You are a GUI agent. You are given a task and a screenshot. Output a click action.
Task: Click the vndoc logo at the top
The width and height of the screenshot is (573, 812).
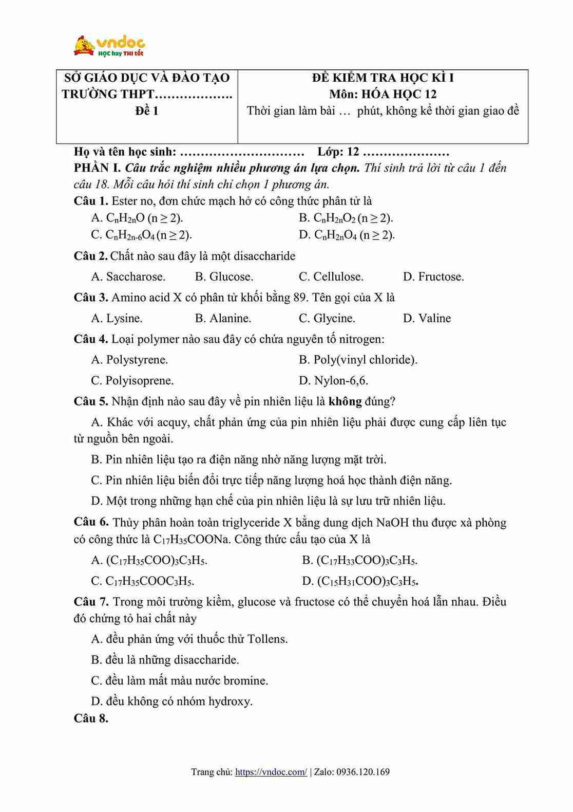coord(109,46)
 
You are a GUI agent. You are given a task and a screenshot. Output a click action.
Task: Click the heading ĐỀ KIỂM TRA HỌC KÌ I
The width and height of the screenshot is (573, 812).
coord(383,78)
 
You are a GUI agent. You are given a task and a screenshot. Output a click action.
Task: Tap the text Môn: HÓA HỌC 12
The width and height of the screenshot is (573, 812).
coord(383,95)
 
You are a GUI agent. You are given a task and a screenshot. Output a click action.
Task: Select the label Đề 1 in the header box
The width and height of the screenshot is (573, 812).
coord(147,111)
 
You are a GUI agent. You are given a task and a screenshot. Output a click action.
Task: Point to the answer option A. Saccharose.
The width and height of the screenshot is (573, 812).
coord(128,277)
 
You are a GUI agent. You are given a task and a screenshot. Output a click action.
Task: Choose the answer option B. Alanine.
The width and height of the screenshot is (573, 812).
coord(223,319)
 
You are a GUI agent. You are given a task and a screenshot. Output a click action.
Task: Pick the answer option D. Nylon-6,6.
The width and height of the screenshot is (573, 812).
coord(334,381)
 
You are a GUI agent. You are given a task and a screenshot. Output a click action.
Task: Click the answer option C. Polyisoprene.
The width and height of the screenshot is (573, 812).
coord(132,381)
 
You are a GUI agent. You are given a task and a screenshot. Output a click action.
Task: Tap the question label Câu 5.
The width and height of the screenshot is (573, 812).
coord(90,401)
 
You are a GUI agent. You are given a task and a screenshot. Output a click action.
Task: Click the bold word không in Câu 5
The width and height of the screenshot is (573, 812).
coord(345,401)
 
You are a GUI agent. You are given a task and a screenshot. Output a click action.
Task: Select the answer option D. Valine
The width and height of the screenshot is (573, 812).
coord(427,319)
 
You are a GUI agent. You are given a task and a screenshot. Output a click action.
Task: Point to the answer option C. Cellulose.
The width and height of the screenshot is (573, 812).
coord(331,277)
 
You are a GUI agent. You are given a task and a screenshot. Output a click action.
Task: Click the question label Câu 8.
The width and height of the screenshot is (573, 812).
coord(91,718)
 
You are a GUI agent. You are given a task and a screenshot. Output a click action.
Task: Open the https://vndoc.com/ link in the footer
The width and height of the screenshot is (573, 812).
coord(271,772)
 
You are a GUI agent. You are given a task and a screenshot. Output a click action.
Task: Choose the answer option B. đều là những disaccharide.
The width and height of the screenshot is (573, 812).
coord(165,660)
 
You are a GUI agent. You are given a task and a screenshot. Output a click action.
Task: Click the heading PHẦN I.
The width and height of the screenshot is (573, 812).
coord(98,168)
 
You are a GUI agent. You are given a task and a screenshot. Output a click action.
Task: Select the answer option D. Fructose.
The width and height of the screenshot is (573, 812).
coord(433,277)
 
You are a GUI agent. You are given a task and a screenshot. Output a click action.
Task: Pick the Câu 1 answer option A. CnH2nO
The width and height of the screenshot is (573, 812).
coord(137,218)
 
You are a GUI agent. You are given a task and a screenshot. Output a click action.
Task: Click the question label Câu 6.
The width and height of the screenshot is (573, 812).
coord(91,523)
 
